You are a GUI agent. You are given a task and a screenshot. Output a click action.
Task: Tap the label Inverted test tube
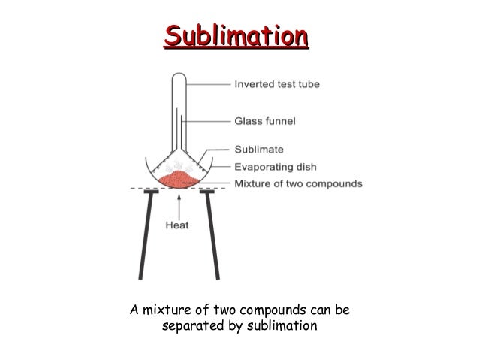point(277,85)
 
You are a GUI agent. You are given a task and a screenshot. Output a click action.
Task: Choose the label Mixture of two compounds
point(299,183)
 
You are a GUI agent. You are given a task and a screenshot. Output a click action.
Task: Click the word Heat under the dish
point(176,223)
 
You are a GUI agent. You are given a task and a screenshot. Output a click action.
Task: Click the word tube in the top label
point(308,85)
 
